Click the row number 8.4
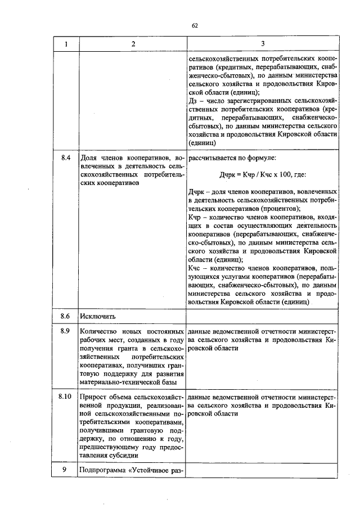point(65,158)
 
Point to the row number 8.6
point(65,316)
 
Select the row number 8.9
point(65,331)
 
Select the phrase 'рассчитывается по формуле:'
point(232,159)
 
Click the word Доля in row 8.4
point(90,159)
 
